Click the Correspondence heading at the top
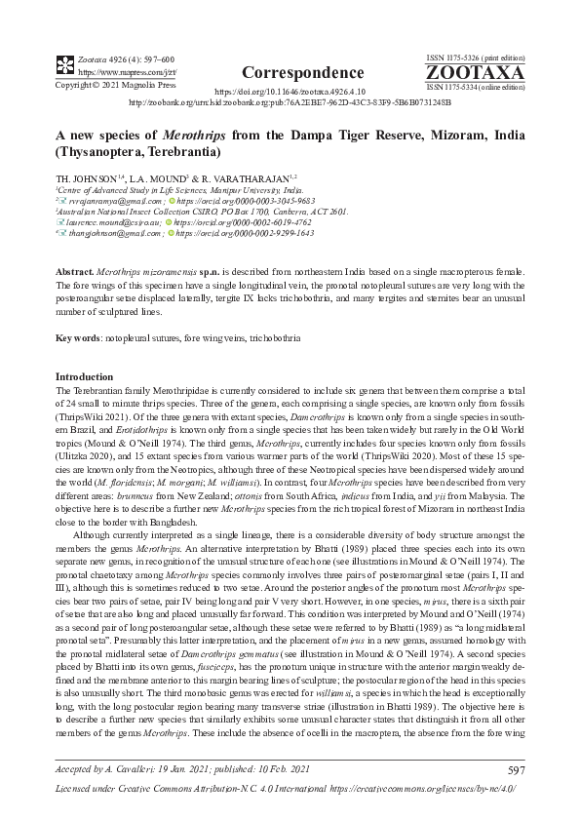click(289, 73)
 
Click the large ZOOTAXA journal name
click(476, 73)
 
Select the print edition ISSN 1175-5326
click(476, 59)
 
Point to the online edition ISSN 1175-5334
click(476, 87)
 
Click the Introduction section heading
click(85, 376)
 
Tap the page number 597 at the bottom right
click(516, 770)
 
